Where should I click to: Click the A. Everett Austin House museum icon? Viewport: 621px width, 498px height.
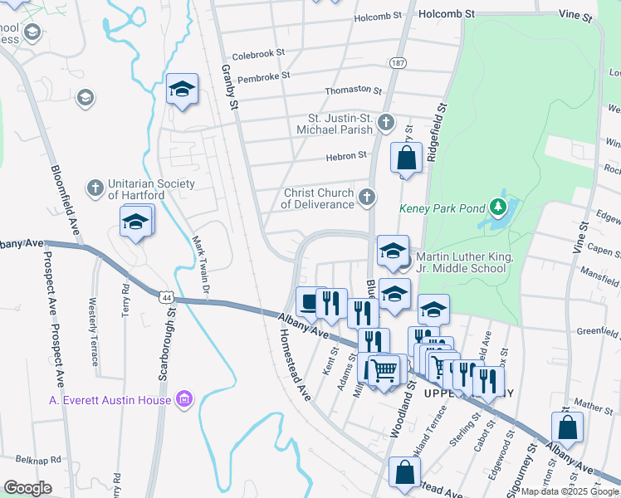point(184,400)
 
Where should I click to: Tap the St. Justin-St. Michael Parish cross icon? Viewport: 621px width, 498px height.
point(385,124)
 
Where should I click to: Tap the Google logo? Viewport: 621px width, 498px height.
point(27,487)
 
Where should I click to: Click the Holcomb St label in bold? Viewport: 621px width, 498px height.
point(446,14)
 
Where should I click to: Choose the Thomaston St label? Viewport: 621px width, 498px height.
point(353,90)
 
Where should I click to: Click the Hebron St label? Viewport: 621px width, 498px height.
point(350,155)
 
